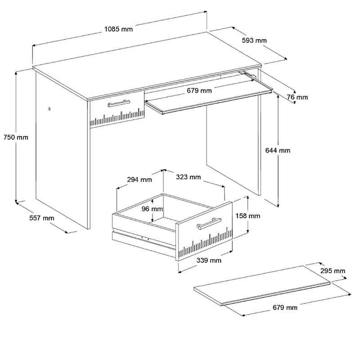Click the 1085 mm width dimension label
coord(118,29)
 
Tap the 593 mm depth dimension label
coord(254,40)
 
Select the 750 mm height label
coord(16,137)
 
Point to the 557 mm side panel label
coord(42,218)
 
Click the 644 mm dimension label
coord(278,150)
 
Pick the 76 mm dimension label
coord(297,97)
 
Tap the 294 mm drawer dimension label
coord(139,179)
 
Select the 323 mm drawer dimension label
coord(188,177)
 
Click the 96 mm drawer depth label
coord(152,209)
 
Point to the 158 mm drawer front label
coord(248,216)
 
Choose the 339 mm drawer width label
coord(209,260)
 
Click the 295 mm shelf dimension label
coord(333,271)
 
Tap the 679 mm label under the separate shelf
coord(285,307)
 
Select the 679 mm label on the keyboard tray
coord(199,90)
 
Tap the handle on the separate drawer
coord(209,223)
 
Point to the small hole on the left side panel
coord(49,109)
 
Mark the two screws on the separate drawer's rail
coord(145,238)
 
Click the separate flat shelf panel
coord(262,285)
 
